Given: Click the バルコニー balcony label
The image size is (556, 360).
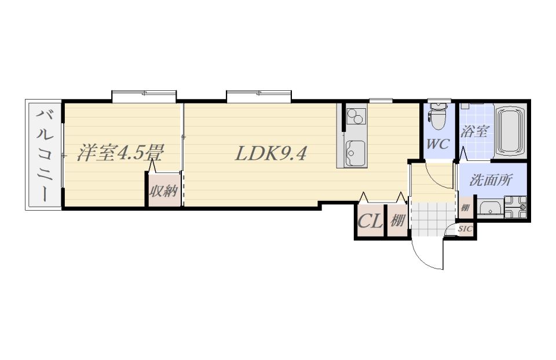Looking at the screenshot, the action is (45, 155).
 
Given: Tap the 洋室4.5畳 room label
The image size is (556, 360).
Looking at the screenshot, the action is (120, 153).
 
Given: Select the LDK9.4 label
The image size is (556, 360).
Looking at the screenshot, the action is (270, 153).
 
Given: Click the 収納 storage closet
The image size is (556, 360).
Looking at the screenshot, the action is (164, 190).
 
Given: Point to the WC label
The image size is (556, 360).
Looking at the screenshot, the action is (438, 144).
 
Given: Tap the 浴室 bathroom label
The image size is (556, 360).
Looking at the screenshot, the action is (474, 132).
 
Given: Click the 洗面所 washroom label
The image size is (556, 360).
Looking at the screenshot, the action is (491, 180).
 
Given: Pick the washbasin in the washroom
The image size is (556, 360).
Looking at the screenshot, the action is (490, 208).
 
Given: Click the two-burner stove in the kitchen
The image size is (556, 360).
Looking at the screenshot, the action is (356, 116).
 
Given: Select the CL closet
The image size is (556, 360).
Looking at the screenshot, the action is (370, 221).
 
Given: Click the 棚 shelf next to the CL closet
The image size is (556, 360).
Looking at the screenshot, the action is (397, 221).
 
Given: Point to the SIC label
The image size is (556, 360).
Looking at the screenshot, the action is (465, 229).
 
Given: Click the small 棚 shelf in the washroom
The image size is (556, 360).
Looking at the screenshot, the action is (464, 207).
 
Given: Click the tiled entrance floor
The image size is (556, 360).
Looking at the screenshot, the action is (432, 219).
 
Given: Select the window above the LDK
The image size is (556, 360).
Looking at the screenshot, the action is (259, 97).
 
